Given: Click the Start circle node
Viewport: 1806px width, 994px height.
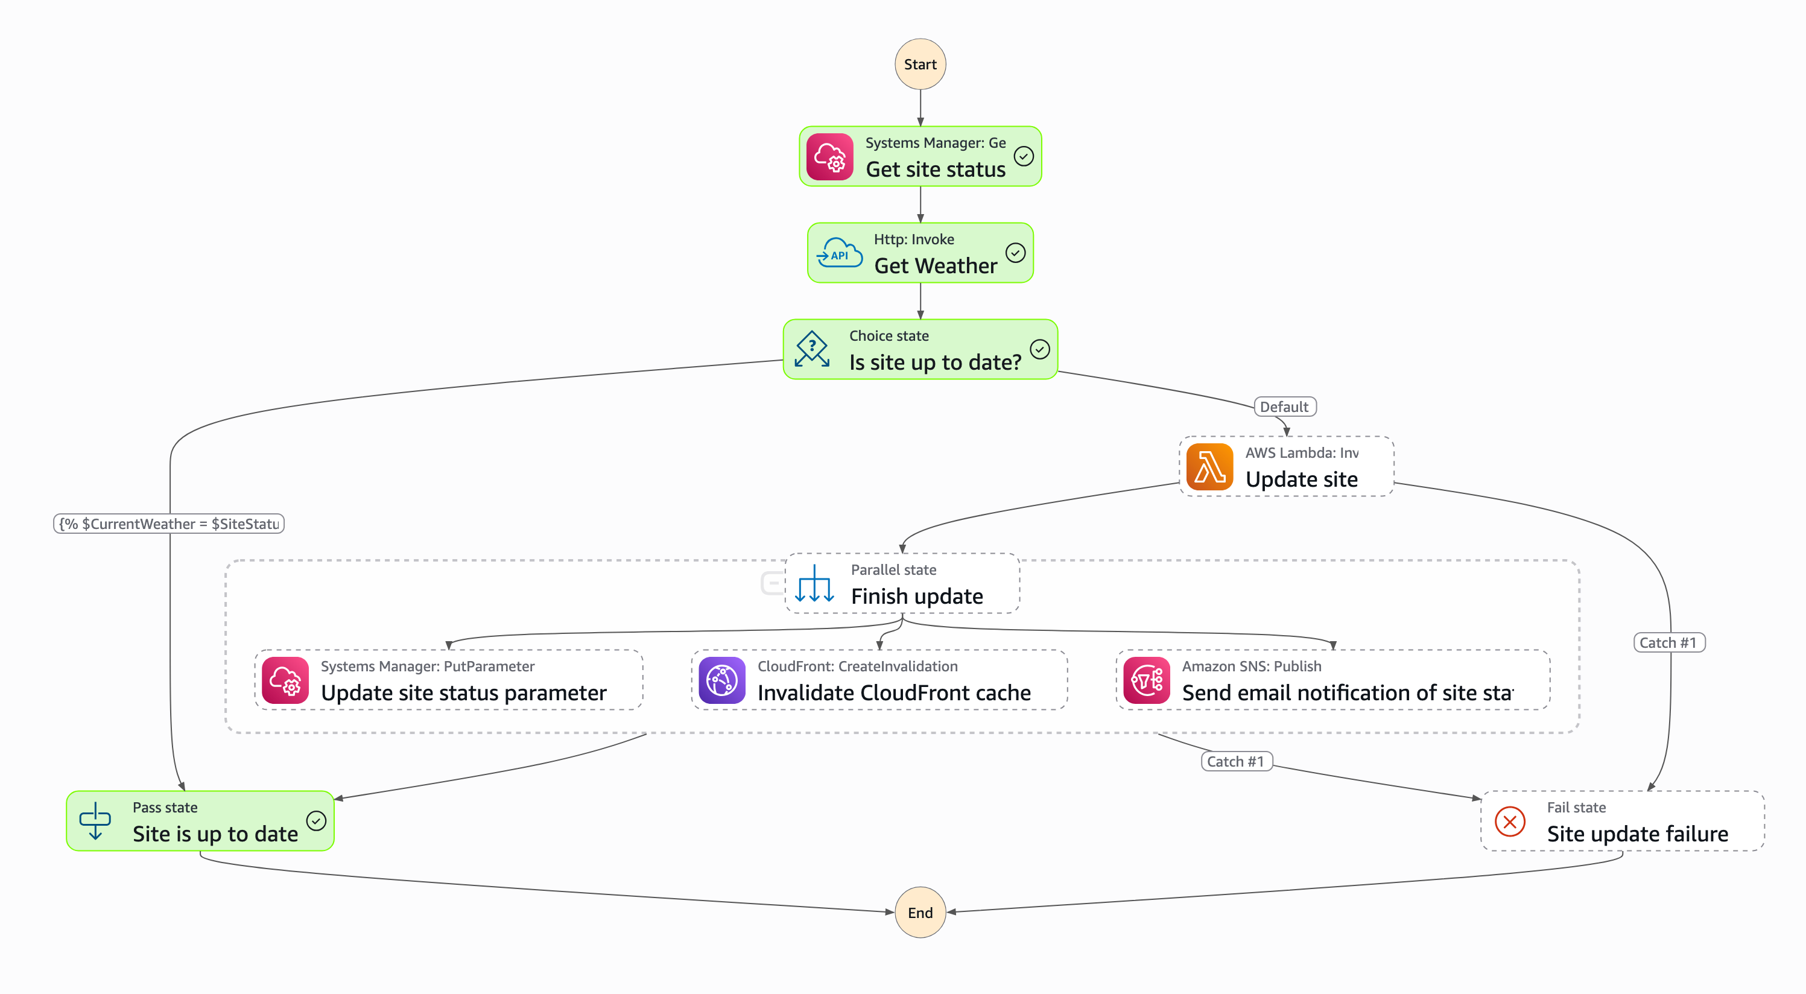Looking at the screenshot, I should (x=920, y=65).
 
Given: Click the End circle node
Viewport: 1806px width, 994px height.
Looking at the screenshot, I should (x=920, y=912).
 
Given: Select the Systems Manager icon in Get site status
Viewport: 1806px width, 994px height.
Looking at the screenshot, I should (x=829, y=157).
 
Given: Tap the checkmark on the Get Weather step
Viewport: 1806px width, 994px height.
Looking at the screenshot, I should (x=1015, y=252).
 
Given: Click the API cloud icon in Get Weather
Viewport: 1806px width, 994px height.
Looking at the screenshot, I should (x=839, y=253).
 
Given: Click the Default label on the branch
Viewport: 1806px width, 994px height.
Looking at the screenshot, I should (x=1284, y=407).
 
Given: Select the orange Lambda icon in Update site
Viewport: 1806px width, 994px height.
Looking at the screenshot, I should (x=1209, y=467).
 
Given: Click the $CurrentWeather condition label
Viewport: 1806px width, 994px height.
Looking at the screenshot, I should (x=169, y=524).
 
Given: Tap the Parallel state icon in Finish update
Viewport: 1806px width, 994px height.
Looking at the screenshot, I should (x=814, y=583).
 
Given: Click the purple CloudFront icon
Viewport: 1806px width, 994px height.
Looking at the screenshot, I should (x=721, y=680).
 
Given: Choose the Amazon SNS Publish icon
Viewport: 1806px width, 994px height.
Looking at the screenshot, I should (x=1146, y=680).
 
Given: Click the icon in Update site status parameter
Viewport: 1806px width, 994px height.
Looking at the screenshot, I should (x=285, y=680).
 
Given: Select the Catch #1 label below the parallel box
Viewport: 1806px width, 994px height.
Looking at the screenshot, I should (x=1235, y=761).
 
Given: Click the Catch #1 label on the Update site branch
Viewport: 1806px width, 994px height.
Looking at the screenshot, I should (x=1668, y=643).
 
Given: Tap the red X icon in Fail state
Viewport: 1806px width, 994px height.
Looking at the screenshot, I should (x=1509, y=821).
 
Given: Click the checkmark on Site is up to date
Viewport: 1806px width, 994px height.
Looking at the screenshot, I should (x=316, y=821).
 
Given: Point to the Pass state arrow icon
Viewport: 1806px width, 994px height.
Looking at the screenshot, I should (x=95, y=821).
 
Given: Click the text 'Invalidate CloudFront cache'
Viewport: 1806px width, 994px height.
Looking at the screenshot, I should (x=894, y=692).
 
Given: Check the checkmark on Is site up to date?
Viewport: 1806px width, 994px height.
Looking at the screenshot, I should (x=1039, y=349).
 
